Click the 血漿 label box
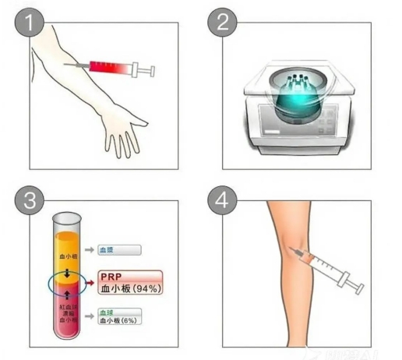[x=118, y=250]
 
